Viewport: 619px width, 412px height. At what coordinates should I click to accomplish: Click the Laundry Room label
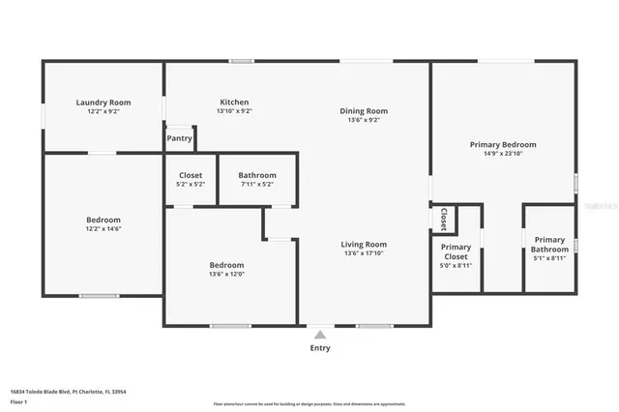[x=103, y=102]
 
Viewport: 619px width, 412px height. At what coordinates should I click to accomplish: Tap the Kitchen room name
[x=234, y=102]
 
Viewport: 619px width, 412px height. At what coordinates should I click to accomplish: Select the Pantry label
[x=179, y=138]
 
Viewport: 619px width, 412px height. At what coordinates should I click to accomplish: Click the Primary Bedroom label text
[x=503, y=144]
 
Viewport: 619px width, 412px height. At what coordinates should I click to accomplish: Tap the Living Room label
[x=364, y=244]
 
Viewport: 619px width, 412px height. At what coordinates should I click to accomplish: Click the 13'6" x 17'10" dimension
[x=364, y=253]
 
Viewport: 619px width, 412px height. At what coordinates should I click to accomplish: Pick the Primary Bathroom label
[x=549, y=244]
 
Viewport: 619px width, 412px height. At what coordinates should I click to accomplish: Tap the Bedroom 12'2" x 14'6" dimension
[x=103, y=229]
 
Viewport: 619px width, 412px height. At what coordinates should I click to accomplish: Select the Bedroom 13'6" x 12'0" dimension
[x=227, y=274]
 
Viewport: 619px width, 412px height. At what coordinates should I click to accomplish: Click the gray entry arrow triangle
[x=320, y=334]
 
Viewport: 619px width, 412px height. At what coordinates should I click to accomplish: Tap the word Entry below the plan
[x=320, y=348]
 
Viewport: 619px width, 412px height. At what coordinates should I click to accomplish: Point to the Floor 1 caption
[x=19, y=400]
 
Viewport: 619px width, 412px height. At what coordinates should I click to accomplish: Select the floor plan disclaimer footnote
[x=309, y=403]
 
